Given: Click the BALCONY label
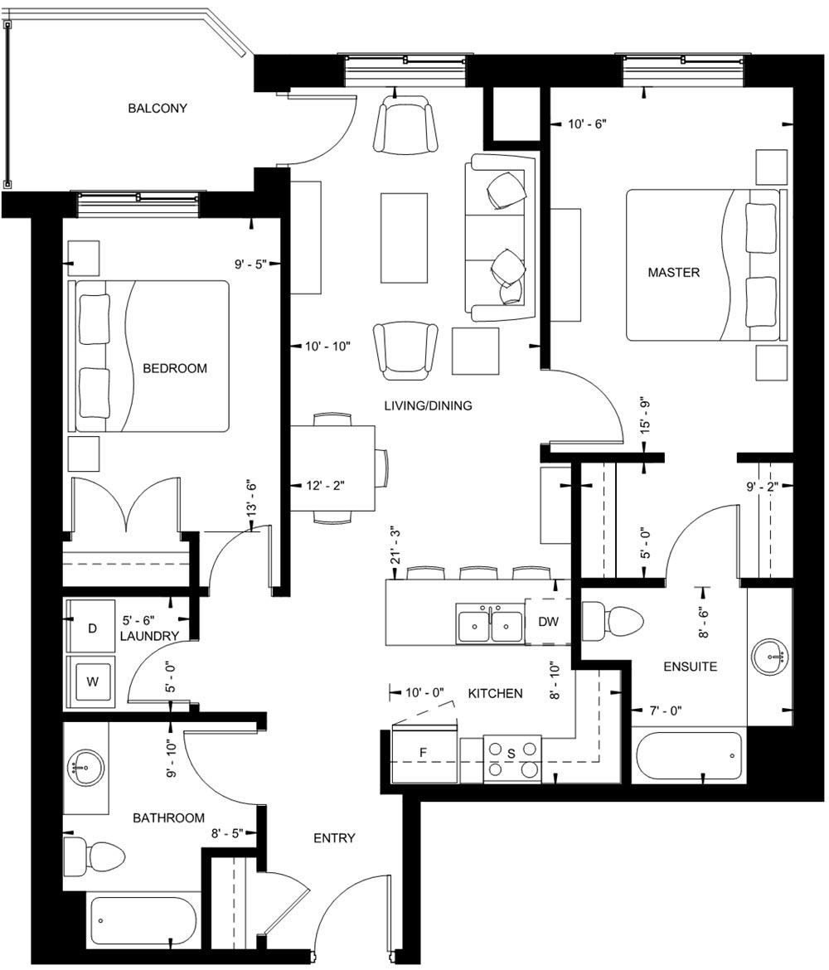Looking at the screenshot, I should pyautogui.click(x=158, y=109).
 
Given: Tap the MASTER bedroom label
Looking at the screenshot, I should pyautogui.click(x=673, y=272).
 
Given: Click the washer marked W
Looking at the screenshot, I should pyautogui.click(x=93, y=683).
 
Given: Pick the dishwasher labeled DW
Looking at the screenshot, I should pyautogui.click(x=548, y=622).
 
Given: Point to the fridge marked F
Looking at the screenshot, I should pyautogui.click(x=423, y=753).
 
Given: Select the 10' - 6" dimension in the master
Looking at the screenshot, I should pyautogui.click(x=588, y=124).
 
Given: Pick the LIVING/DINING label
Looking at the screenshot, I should pyautogui.click(x=428, y=405).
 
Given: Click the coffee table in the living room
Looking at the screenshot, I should pyautogui.click(x=406, y=237).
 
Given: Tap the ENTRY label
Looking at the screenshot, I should pyautogui.click(x=334, y=838).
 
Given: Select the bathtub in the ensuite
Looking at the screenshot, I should pyautogui.click(x=689, y=755).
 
